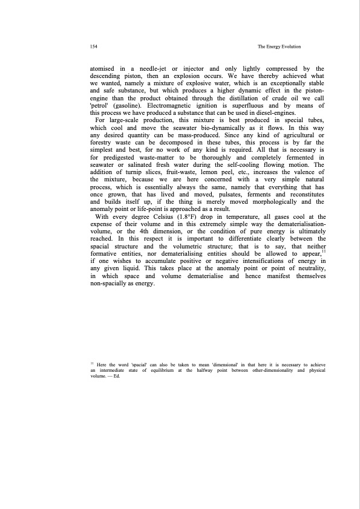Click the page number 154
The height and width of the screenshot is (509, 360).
(x=93, y=47)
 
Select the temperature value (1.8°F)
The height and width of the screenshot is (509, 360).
(x=207, y=215)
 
